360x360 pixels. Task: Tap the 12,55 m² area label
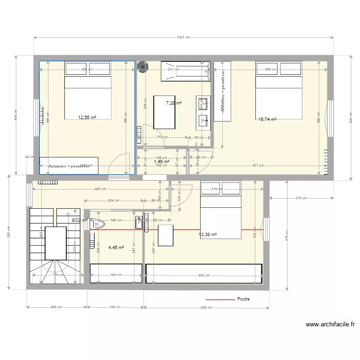tap(87, 117)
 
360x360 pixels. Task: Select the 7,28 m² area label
tap(173, 103)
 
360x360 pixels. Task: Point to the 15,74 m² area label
tap(267, 120)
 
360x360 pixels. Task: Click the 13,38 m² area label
tap(208, 235)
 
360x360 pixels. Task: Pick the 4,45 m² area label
tap(116, 248)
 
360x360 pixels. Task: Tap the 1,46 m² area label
tap(161, 162)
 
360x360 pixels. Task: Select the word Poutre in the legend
tap(243, 299)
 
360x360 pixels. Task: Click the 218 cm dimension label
tap(301, 198)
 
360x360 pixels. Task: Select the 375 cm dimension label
tap(287, 243)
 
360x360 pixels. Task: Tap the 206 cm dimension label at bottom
tap(57, 307)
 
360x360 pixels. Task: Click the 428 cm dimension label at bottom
tap(206, 307)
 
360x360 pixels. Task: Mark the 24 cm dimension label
tap(30, 157)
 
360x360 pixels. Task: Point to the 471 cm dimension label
tap(258, 166)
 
